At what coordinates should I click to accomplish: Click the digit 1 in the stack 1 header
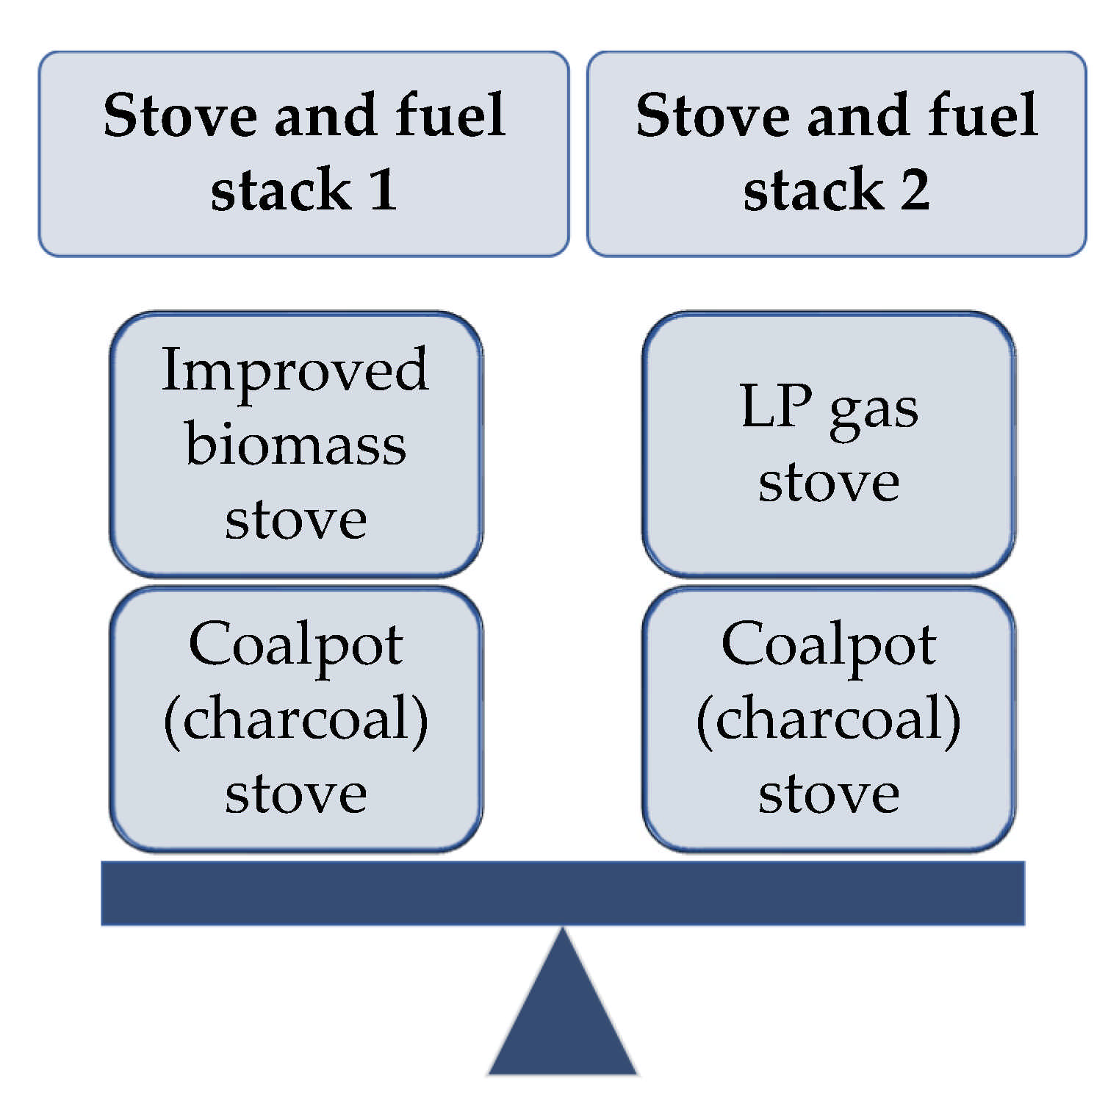384,190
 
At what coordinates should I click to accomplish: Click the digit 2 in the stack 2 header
915,190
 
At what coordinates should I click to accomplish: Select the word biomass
295,445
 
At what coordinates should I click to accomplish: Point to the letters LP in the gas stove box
776,406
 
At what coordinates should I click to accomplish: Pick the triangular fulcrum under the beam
562,1014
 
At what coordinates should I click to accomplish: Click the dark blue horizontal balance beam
562,893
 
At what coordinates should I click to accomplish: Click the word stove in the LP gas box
829,484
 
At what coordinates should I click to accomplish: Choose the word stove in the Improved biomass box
295,520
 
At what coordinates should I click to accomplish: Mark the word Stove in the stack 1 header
180,115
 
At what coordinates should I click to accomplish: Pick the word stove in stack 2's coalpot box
829,794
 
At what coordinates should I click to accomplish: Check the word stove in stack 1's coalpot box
295,794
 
